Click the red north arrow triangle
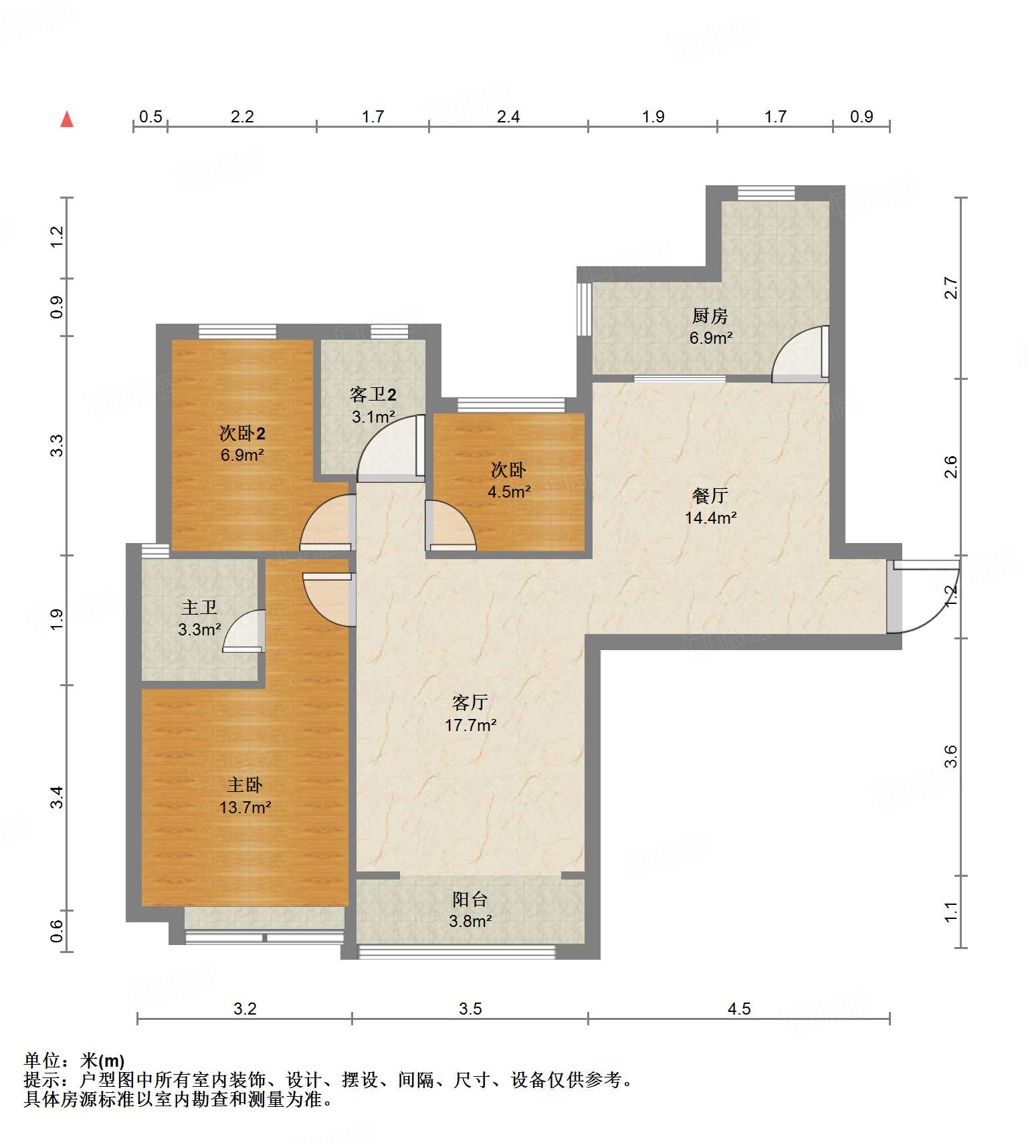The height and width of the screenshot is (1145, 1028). (x=67, y=119)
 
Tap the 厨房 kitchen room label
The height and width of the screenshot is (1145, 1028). (x=710, y=316)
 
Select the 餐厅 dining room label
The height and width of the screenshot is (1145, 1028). (x=710, y=496)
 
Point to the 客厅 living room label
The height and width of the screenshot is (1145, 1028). (x=470, y=702)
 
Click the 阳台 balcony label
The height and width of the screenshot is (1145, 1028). (x=470, y=899)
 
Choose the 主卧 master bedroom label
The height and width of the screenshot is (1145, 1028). (x=244, y=785)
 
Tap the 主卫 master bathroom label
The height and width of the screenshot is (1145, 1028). (x=199, y=607)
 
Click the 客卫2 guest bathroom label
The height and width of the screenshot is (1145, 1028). (x=373, y=395)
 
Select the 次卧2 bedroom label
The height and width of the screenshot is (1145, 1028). (x=242, y=433)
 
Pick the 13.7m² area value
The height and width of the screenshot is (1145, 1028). (x=245, y=807)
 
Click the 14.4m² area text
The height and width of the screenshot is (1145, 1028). (x=711, y=518)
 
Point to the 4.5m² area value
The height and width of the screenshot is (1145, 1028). (x=509, y=492)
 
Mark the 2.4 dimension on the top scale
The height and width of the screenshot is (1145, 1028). (x=508, y=116)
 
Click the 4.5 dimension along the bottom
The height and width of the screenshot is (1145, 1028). (x=739, y=1009)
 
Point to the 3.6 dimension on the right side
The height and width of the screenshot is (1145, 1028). (x=950, y=756)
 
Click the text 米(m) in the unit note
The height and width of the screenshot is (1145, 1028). (x=102, y=1061)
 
